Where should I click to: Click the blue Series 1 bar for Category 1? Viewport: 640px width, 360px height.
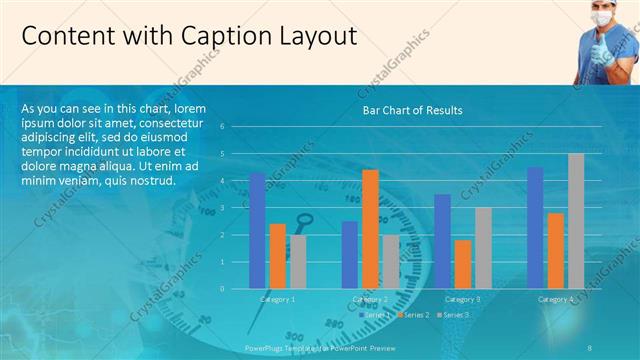click(257, 230)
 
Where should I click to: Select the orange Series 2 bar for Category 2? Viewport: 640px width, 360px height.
click(370, 229)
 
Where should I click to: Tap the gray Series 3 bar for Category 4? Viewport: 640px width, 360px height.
click(576, 221)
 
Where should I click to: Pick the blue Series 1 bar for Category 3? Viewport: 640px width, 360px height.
click(442, 241)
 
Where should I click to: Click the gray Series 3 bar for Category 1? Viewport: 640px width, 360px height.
click(297, 261)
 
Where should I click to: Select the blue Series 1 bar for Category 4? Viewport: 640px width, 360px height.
click(535, 228)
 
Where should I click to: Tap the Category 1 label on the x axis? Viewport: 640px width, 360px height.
click(277, 299)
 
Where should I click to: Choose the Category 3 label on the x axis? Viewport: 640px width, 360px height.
click(462, 299)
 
